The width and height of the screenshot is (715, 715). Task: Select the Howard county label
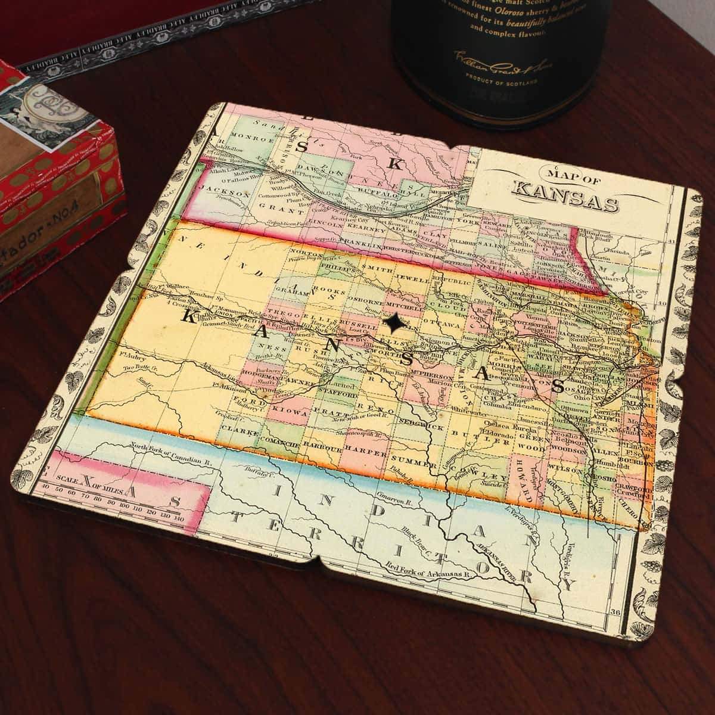(x=525, y=477)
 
